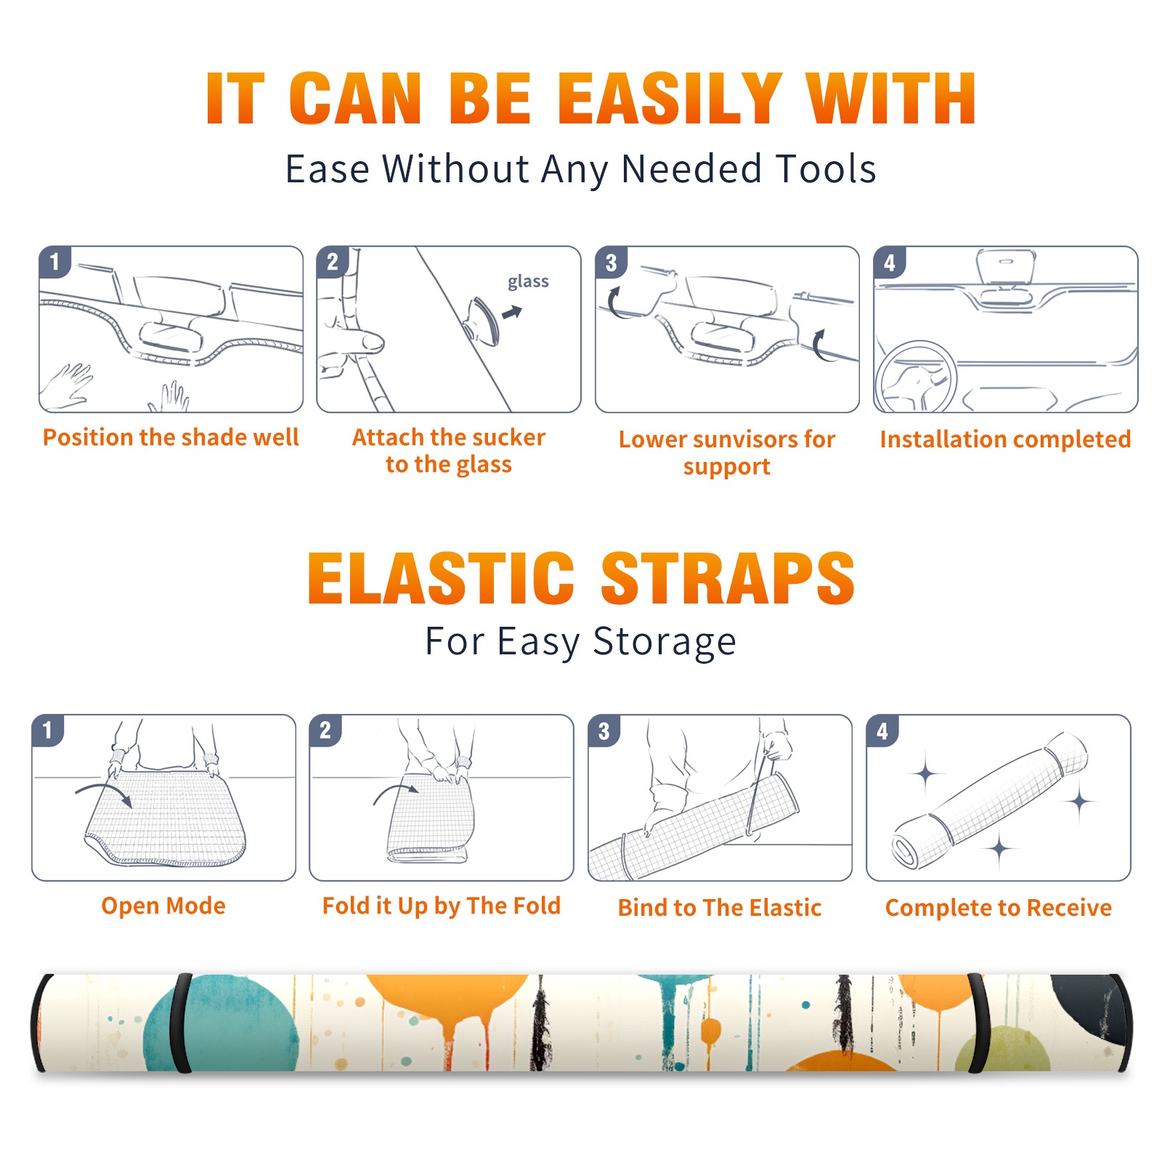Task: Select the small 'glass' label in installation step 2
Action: [x=528, y=282]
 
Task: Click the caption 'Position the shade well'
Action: [x=171, y=437]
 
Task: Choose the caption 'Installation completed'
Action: [x=1005, y=439]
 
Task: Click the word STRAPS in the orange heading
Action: [x=728, y=578]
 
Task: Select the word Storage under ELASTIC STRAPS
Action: [x=665, y=642]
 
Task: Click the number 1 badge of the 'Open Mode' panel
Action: [x=48, y=730]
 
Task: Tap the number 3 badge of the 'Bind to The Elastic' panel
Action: [x=604, y=731]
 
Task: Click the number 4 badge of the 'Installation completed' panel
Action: [x=890, y=262]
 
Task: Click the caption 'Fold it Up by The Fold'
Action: [x=442, y=906]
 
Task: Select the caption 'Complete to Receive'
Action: [x=999, y=908]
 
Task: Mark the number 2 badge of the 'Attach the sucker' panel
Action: [x=333, y=262]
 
